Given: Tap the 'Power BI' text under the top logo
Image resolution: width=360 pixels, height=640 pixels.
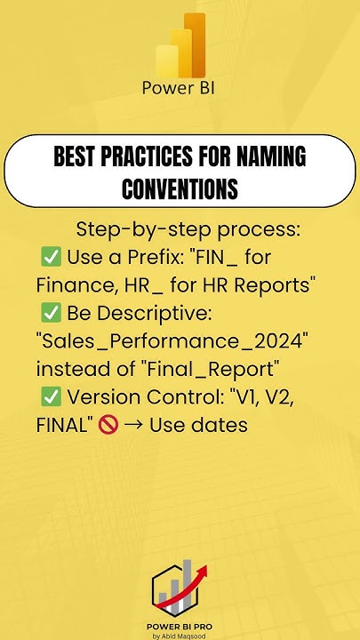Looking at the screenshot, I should coord(180,89).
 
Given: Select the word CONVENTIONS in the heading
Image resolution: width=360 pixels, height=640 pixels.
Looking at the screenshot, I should coord(180,188).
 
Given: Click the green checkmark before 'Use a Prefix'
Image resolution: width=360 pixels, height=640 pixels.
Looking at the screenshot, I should coord(50,258).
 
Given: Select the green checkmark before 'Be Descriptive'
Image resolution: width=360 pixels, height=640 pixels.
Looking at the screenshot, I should coord(50,314).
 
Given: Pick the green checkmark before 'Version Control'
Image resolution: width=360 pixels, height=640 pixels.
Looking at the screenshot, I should coord(50,397).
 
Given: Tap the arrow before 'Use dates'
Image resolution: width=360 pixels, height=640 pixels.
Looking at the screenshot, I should coord(134,426).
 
